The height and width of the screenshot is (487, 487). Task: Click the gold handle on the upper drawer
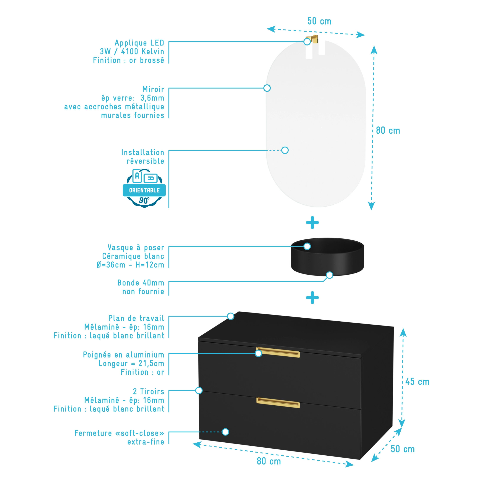pyautogui.click(x=278, y=353)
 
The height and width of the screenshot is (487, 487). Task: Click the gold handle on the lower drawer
pyautogui.click(x=278, y=403)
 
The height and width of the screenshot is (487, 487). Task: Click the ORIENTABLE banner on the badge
pyautogui.click(x=144, y=190)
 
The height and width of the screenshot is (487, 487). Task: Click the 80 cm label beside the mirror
pyautogui.click(x=388, y=131)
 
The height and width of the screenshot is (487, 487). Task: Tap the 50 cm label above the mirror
pyautogui.click(x=319, y=21)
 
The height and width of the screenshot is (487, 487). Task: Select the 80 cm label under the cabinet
pyautogui.click(x=269, y=461)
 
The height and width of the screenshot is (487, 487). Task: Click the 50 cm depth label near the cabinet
pyautogui.click(x=403, y=449)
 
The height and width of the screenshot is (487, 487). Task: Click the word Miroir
pyautogui.click(x=153, y=89)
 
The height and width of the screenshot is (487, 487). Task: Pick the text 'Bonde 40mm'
pyautogui.click(x=141, y=283)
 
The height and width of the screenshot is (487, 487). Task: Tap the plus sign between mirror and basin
pyautogui.click(x=312, y=222)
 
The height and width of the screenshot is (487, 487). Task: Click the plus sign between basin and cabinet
pyautogui.click(x=312, y=298)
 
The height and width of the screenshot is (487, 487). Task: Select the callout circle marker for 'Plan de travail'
pyautogui.click(x=231, y=316)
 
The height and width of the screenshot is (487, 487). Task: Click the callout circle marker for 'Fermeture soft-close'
pyautogui.click(x=225, y=432)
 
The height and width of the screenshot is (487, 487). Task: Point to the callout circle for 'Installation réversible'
pyautogui.click(x=285, y=150)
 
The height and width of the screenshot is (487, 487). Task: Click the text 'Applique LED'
pyautogui.click(x=139, y=43)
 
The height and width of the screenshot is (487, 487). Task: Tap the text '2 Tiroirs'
pyautogui.click(x=149, y=392)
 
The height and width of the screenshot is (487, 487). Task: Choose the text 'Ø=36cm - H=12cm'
pyautogui.click(x=130, y=265)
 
